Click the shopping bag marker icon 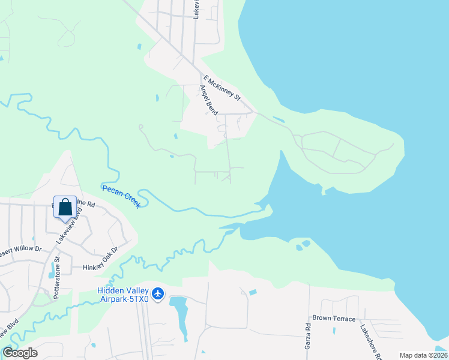click(x=65, y=208)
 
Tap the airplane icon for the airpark click(x=158, y=293)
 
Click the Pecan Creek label click(x=121, y=196)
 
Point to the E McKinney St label click(x=221, y=88)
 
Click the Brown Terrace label click(x=334, y=319)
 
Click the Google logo click(x=20, y=353)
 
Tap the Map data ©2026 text click(x=423, y=355)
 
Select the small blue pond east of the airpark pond click(x=253, y=292)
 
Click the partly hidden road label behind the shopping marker click(x=84, y=204)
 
